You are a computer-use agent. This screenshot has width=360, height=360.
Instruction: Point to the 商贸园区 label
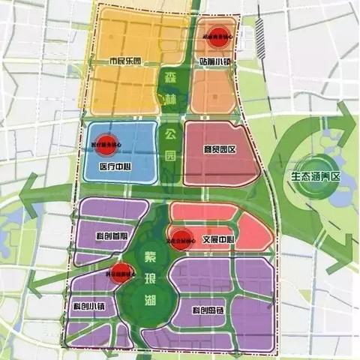point(220,149)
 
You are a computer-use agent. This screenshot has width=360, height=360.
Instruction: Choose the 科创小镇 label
point(91,307)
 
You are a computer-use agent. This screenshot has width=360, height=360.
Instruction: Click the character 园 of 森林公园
point(170,157)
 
